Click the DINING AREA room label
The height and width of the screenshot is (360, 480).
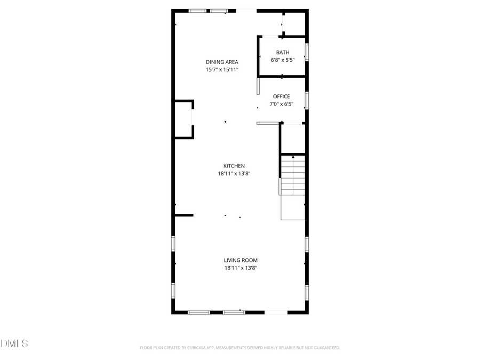[x=222, y=62]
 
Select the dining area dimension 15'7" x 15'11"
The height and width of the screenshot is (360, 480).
[x=222, y=70]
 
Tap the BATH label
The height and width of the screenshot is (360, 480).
[x=282, y=52]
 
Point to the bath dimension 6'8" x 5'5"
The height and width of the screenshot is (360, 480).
[x=282, y=60]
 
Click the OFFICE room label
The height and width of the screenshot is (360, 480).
[x=281, y=97]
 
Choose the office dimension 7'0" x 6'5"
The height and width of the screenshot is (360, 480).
[x=281, y=104]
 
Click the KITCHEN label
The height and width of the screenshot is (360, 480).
[x=234, y=166]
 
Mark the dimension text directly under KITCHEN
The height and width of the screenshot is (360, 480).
[x=234, y=173]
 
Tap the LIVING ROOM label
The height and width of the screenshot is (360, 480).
[x=241, y=260]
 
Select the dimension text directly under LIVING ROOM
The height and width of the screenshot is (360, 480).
[x=241, y=268]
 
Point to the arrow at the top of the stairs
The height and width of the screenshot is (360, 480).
[x=293, y=157]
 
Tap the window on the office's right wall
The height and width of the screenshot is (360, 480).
[x=307, y=100]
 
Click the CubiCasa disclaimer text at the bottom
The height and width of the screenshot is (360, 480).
[x=239, y=348]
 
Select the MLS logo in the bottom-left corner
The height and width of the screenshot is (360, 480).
[x=14, y=343]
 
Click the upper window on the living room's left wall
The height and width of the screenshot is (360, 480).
[x=173, y=243]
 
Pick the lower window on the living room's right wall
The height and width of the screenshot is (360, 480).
[x=307, y=292]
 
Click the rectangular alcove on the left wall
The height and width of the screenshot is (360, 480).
[x=183, y=119]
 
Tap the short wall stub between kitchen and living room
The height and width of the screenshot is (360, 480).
[x=183, y=215]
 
